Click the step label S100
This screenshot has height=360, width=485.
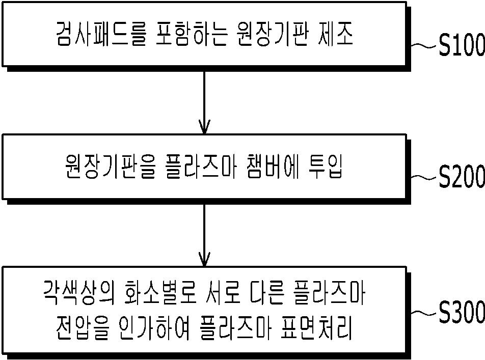tap(462, 45)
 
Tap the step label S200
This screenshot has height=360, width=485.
tap(462, 176)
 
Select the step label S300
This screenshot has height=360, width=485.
tap(462, 312)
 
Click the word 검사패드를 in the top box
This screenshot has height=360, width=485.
tap(101, 34)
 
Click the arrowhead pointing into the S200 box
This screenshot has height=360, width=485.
tap(204, 127)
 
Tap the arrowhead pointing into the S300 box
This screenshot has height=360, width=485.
tap(204, 259)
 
